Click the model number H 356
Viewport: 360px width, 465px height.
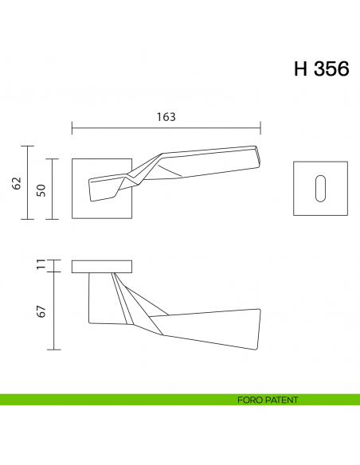pyautogui.click(x=321, y=69)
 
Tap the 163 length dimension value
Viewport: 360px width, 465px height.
pyautogui.click(x=166, y=116)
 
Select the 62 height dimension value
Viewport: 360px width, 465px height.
pyautogui.click(x=16, y=183)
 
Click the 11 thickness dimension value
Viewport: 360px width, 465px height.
pyautogui.click(x=41, y=266)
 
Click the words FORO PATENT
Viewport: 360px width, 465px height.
pyautogui.click(x=267, y=400)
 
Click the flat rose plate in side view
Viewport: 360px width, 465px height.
pyautogui.click(x=101, y=266)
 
